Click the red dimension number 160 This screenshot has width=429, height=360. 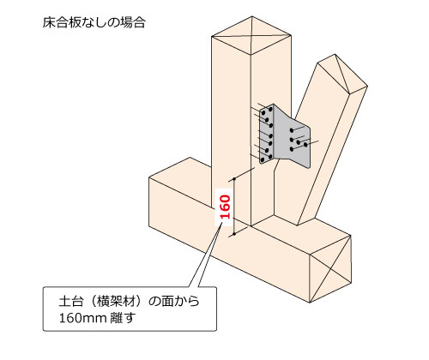(x=226, y=207)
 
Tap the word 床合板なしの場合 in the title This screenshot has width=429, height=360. (x=94, y=22)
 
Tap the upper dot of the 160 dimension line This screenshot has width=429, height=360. (x=234, y=179)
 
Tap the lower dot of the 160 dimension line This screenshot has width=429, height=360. (x=234, y=234)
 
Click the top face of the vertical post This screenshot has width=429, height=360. (x=251, y=36)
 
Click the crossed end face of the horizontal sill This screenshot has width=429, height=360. (x=330, y=268)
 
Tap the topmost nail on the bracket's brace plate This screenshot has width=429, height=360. (x=292, y=130)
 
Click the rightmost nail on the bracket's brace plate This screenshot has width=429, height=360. (x=305, y=145)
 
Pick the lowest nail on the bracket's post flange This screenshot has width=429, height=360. (x=262, y=159)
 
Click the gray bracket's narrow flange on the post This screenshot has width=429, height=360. (x=267, y=135)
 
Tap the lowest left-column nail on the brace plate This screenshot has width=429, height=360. (x=292, y=149)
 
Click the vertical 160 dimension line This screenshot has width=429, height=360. (x=234, y=207)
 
